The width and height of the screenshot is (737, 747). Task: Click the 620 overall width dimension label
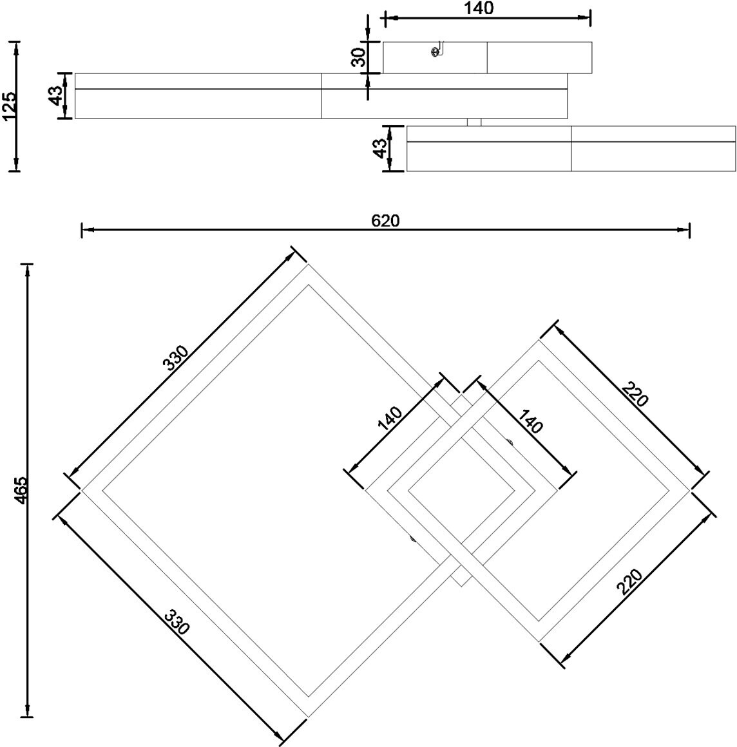(x=385, y=221)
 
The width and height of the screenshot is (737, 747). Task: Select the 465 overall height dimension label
(x=21, y=490)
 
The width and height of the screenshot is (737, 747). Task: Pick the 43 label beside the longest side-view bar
(x=56, y=96)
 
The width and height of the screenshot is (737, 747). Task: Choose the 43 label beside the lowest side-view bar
(x=380, y=148)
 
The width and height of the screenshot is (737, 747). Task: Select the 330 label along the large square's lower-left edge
(x=177, y=621)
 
